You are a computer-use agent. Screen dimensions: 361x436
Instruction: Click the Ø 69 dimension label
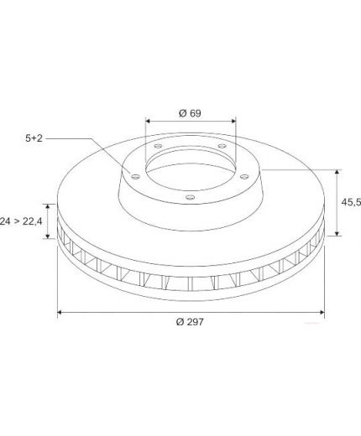190,113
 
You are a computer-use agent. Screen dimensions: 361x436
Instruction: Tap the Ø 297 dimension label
190,322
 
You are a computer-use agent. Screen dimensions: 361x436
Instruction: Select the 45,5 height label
351,202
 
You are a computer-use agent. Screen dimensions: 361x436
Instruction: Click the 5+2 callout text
34,138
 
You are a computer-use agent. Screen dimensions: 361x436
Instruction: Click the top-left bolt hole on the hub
159,146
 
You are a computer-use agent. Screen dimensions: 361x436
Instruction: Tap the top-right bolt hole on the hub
222,146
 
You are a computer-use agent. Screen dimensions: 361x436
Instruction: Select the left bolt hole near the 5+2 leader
135,177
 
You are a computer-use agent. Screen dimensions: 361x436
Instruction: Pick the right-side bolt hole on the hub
244,177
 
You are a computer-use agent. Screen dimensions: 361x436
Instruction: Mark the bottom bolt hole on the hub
190,197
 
